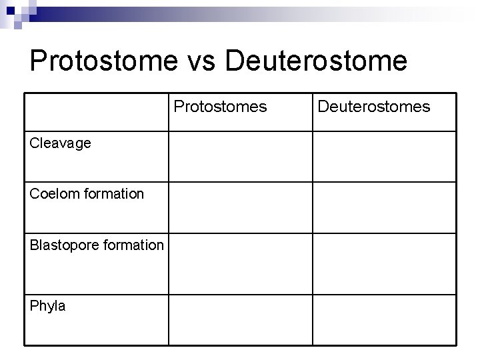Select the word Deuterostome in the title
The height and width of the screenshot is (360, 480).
coord(316,61)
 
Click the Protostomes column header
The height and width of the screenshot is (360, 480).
coord(221,107)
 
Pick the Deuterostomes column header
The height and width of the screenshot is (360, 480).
coord(373,107)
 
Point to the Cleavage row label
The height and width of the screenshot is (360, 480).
coord(61,143)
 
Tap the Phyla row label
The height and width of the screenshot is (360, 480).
coord(48,306)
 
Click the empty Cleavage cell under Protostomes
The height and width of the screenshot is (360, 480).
coord(240,156)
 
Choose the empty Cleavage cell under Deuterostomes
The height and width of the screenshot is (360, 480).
coord(385,156)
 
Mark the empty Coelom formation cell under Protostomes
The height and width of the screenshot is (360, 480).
coord(240,207)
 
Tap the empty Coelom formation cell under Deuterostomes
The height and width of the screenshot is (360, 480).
coord(385,207)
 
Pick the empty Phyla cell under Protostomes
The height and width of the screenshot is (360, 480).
coord(240,319)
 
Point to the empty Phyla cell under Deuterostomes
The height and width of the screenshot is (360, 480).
coord(385,319)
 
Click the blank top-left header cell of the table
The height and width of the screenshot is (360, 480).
coord(97,111)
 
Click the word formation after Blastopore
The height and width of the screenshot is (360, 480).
coord(131,245)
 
